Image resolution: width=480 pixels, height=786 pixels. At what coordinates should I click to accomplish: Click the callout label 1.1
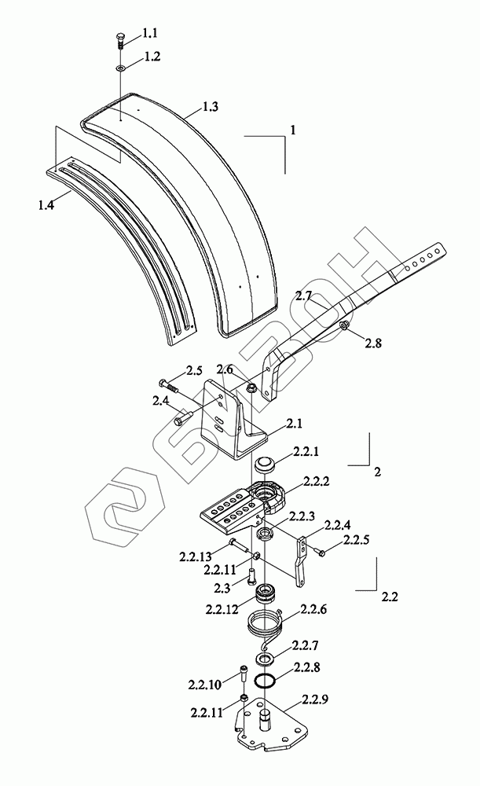pos(149,33)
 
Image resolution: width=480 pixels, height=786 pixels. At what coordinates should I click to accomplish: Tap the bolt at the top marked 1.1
pos(119,40)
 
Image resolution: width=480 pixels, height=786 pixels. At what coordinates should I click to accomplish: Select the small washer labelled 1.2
pos(119,68)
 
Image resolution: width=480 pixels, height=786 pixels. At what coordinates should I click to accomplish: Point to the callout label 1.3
pos(210,107)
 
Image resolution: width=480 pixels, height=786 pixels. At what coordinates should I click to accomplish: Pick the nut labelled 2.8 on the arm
pos(346,325)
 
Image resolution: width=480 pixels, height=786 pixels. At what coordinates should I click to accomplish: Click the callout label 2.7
pos(304,296)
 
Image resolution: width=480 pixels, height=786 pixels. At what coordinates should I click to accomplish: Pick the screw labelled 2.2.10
pos(242,674)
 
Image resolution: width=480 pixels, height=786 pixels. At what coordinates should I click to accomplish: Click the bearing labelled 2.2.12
pos(266,595)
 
